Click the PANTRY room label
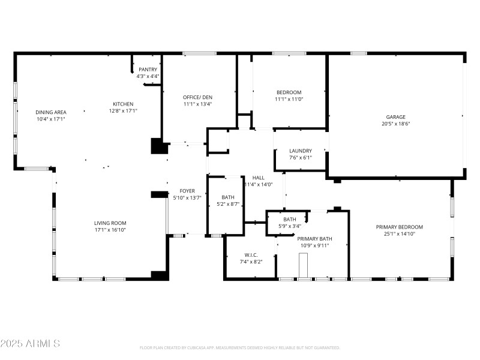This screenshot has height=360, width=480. [148, 70]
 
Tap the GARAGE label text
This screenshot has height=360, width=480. [395, 117]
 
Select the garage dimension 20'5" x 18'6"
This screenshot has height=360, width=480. [395, 124]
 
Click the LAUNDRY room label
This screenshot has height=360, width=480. [301, 151]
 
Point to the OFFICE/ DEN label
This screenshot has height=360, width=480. [197, 97]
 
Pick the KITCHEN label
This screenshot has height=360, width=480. [123, 104]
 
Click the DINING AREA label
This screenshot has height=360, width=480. [51, 112]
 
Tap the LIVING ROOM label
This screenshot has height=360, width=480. [109, 223]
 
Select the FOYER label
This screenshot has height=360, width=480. [187, 191]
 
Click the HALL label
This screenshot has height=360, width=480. [259, 178]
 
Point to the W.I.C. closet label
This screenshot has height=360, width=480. [251, 254]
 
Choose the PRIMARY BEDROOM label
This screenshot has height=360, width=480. [400, 227]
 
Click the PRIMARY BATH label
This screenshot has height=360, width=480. [315, 239]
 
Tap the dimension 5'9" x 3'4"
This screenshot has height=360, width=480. [289, 226]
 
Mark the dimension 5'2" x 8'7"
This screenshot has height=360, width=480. [228, 204]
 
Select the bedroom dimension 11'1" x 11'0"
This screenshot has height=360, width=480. [289, 99]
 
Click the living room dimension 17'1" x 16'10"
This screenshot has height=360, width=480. [109, 229]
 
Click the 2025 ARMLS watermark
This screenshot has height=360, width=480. [30, 344]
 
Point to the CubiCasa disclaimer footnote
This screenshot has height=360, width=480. [240, 348]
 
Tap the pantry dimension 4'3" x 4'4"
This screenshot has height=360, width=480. [148, 76]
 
